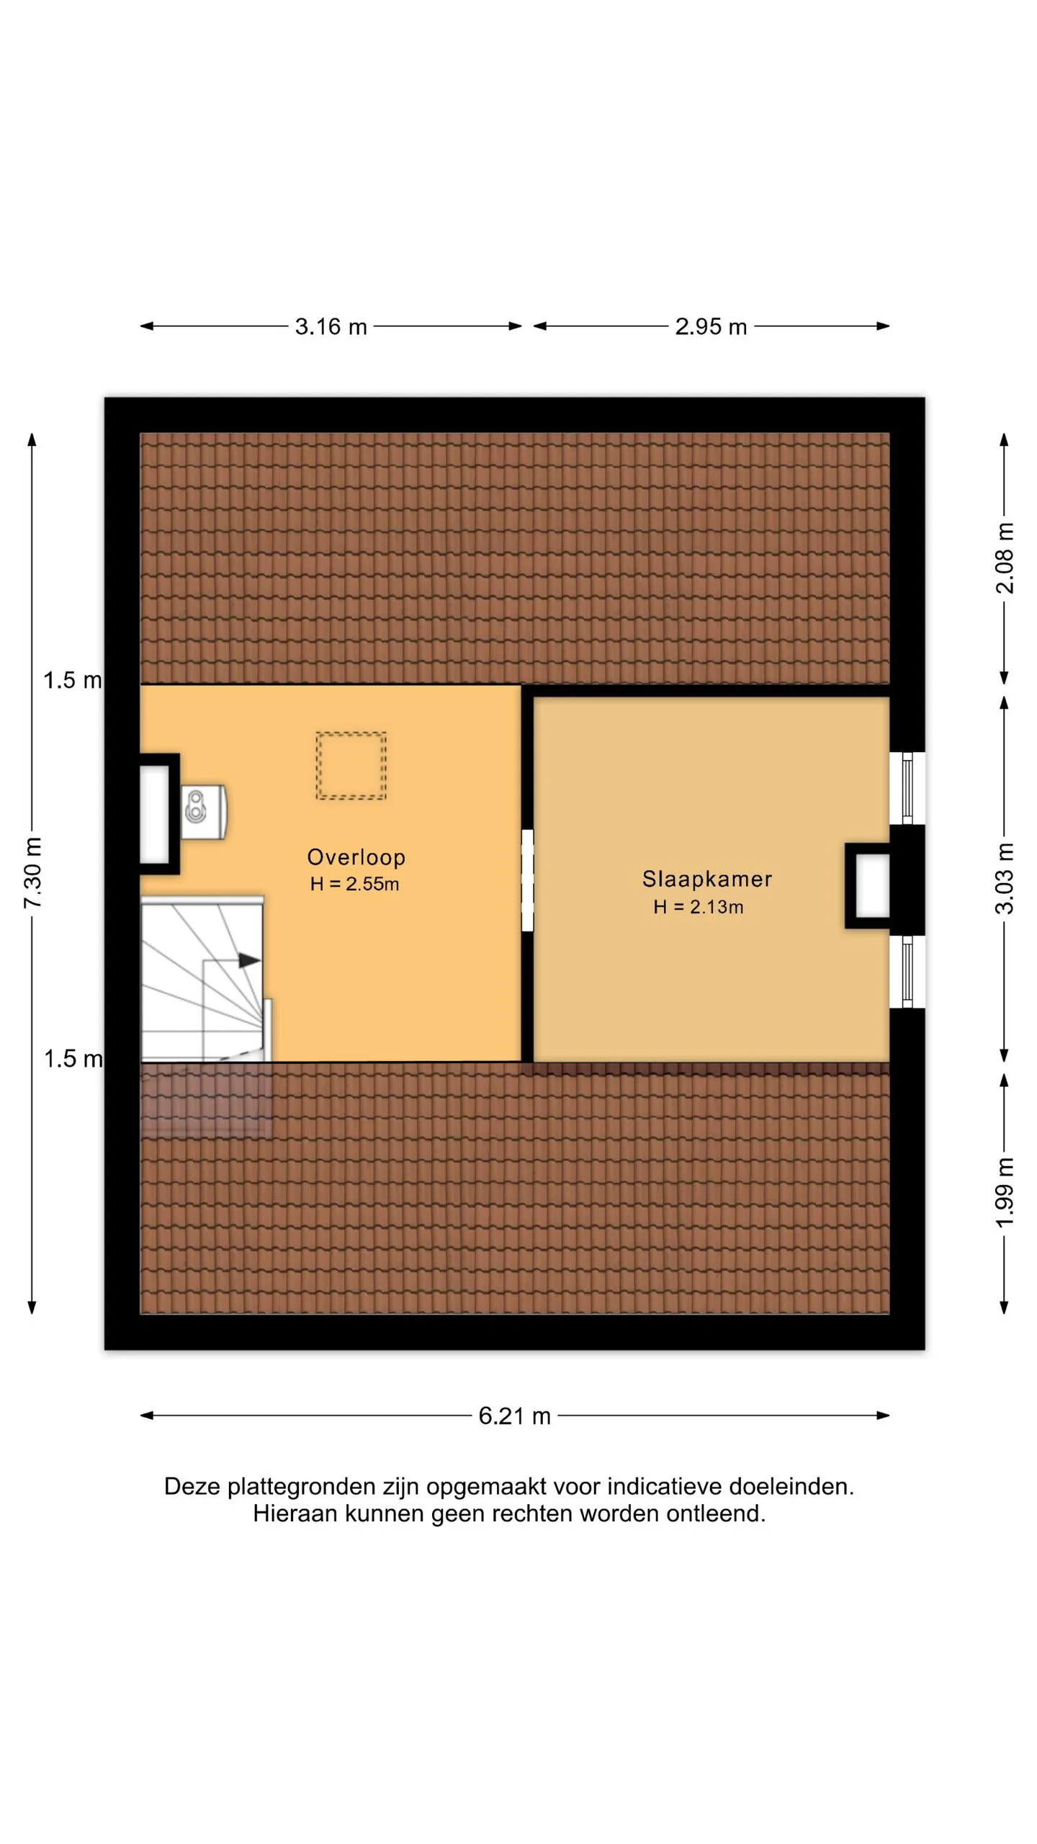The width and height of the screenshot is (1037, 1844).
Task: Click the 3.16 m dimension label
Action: point(331,327)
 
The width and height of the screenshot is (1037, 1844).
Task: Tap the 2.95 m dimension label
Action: point(711,327)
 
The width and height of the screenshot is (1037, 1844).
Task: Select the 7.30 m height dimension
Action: point(33,873)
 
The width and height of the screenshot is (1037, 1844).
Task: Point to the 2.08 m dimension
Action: point(1005,558)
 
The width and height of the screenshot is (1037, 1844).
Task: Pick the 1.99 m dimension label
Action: point(1005,1192)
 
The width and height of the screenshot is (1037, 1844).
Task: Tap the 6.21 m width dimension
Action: point(515,1416)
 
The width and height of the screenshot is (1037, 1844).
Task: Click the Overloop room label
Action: point(356,857)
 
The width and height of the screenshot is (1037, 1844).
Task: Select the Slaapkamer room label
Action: point(707,879)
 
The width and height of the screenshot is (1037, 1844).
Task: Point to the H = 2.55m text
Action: point(355,885)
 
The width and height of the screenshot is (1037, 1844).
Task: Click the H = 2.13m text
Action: point(699,908)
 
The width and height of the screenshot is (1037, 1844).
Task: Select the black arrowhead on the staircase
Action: point(249,960)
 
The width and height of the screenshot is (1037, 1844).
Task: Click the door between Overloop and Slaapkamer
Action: point(528,880)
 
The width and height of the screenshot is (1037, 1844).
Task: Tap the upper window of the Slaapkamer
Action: point(907,788)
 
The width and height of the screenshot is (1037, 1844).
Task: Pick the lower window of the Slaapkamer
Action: point(907,972)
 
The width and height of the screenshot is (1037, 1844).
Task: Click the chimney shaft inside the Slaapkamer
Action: point(868,886)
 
